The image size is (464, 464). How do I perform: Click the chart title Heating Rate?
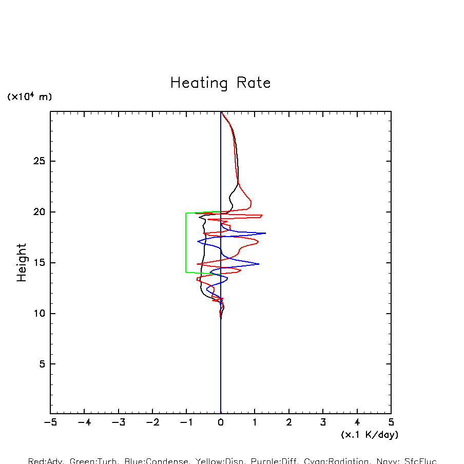pyautogui.click(x=220, y=83)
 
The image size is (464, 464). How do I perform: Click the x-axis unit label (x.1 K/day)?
pyautogui.click(x=370, y=435)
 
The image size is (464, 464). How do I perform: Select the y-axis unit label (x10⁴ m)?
pyautogui.click(x=29, y=96)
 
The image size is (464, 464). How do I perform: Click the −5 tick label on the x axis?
pyautogui.click(x=50, y=423)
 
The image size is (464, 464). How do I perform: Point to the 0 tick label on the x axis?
pyautogui.click(x=221, y=423)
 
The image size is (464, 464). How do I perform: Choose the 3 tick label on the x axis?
pyautogui.click(x=323, y=423)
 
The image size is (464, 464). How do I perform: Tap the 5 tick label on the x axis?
pyautogui.click(x=391, y=423)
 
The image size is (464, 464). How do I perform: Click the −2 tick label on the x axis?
pyautogui.click(x=152, y=423)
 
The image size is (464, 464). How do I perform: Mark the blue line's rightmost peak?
pyautogui.click(x=265, y=233)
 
